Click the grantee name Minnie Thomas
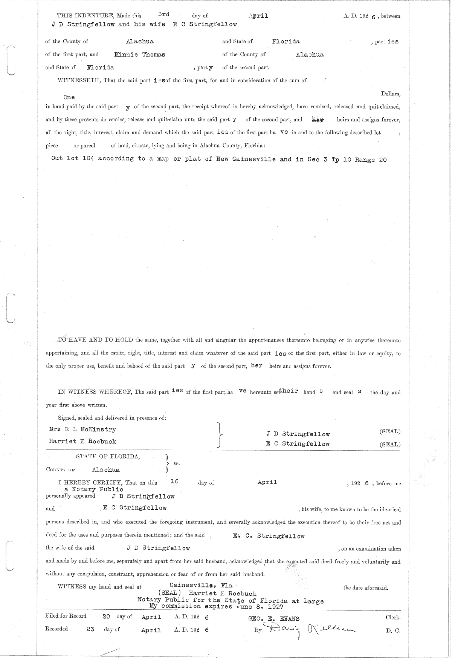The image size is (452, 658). coord(140,54)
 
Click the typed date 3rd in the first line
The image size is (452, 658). coord(163,14)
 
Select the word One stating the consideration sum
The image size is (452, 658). coord(69,97)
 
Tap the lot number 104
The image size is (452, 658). coord(88,158)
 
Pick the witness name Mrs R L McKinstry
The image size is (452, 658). coord(82,429)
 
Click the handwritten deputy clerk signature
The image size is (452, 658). coord(309,629)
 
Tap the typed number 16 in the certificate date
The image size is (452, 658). coord(174,482)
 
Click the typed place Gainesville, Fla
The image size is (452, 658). coord(201,586)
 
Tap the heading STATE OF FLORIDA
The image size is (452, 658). coord(108,457)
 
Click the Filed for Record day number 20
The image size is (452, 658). coord(106,617)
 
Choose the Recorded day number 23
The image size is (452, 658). coord(90,629)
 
